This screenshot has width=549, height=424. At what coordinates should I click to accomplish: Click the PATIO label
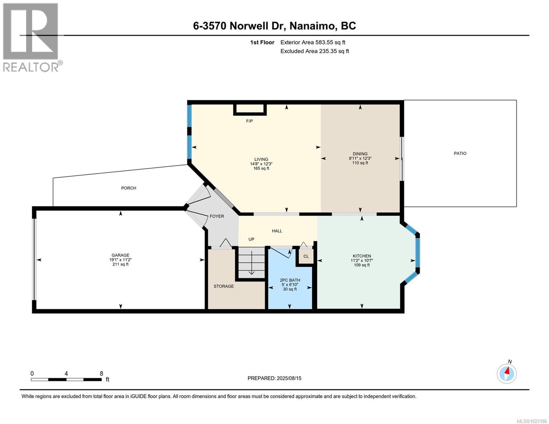click(x=460, y=153)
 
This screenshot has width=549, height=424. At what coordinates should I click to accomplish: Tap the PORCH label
click(x=129, y=188)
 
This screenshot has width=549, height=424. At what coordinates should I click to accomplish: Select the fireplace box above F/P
click(x=250, y=109)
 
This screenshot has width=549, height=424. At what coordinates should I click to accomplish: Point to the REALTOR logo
click(x=31, y=37)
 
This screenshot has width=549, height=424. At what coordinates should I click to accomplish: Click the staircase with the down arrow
click(x=251, y=263)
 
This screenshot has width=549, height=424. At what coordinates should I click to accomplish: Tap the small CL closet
click(x=306, y=256)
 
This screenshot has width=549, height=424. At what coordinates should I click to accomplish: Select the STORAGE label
click(x=223, y=286)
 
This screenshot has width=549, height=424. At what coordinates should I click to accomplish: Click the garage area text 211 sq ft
click(x=121, y=264)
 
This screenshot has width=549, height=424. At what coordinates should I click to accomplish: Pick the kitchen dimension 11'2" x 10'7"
click(x=362, y=260)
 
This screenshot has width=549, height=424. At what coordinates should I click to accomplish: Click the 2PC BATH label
click(x=290, y=280)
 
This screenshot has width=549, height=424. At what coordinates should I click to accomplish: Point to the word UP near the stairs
click(x=251, y=239)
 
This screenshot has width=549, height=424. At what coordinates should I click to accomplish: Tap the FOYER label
click(x=217, y=216)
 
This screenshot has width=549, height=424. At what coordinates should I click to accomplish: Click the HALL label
click(x=277, y=231)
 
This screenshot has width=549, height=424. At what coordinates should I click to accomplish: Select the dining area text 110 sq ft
click(x=360, y=163)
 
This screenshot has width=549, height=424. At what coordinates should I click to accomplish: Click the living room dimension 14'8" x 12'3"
click(x=261, y=164)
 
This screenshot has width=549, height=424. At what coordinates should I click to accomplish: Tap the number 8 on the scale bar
click(x=101, y=373)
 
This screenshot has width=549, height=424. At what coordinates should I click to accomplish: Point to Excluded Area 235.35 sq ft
click(x=315, y=51)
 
